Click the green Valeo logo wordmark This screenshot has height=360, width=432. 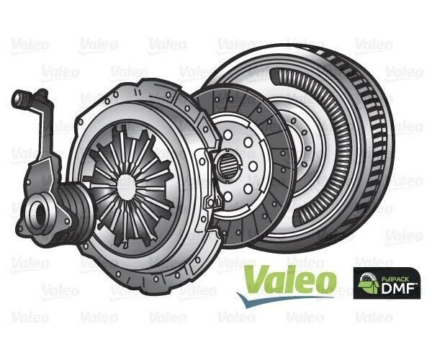coord(289,278)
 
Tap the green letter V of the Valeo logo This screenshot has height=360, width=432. coord(254,278)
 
